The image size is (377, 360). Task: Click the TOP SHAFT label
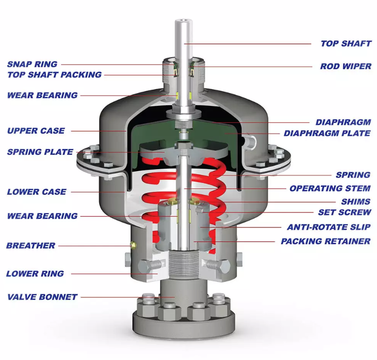(346, 43)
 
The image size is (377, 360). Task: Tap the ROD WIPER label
(346, 66)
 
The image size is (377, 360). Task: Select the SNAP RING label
(32, 64)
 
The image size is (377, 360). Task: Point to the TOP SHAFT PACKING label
(55, 75)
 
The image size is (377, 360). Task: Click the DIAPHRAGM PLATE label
(327, 133)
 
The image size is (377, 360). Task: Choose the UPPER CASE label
(36, 131)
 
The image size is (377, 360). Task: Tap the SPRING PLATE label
(40, 152)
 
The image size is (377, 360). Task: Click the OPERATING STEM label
(330, 189)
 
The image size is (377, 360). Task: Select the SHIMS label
(356, 202)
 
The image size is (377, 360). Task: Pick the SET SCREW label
(345, 212)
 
